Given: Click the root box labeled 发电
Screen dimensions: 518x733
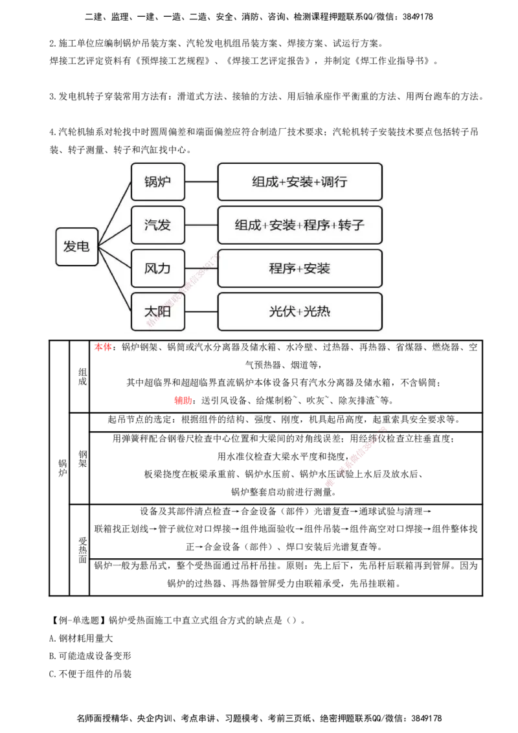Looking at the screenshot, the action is [76, 247].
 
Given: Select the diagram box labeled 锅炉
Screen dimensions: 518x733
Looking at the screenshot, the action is [158, 182].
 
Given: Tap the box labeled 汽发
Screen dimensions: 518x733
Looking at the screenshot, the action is [158, 225].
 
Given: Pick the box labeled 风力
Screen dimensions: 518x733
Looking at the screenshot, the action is [158, 268].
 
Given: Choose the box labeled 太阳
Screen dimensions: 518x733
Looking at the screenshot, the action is [158, 312].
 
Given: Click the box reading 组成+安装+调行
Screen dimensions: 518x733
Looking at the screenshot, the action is [300, 182].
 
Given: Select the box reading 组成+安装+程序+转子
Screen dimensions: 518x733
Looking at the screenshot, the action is [300, 225].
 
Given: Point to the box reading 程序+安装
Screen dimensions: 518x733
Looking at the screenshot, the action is [300, 268].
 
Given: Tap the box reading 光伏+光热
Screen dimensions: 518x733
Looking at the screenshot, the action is [300, 312].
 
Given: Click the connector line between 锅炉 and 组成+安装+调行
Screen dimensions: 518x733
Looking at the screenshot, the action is [201, 182].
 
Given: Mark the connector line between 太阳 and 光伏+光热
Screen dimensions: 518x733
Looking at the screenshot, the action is [201, 312].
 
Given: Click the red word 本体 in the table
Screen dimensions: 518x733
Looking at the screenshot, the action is [103, 347].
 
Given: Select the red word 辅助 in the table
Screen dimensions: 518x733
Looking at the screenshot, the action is [183, 401].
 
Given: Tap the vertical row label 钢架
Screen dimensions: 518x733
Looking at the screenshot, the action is [83, 458].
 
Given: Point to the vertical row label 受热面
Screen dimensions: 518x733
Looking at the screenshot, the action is [83, 550].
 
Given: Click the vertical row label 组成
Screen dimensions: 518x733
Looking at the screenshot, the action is [83, 376].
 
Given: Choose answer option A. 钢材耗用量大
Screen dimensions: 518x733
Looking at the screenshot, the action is [81, 638].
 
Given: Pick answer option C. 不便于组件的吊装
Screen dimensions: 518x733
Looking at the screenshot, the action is [90, 673].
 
